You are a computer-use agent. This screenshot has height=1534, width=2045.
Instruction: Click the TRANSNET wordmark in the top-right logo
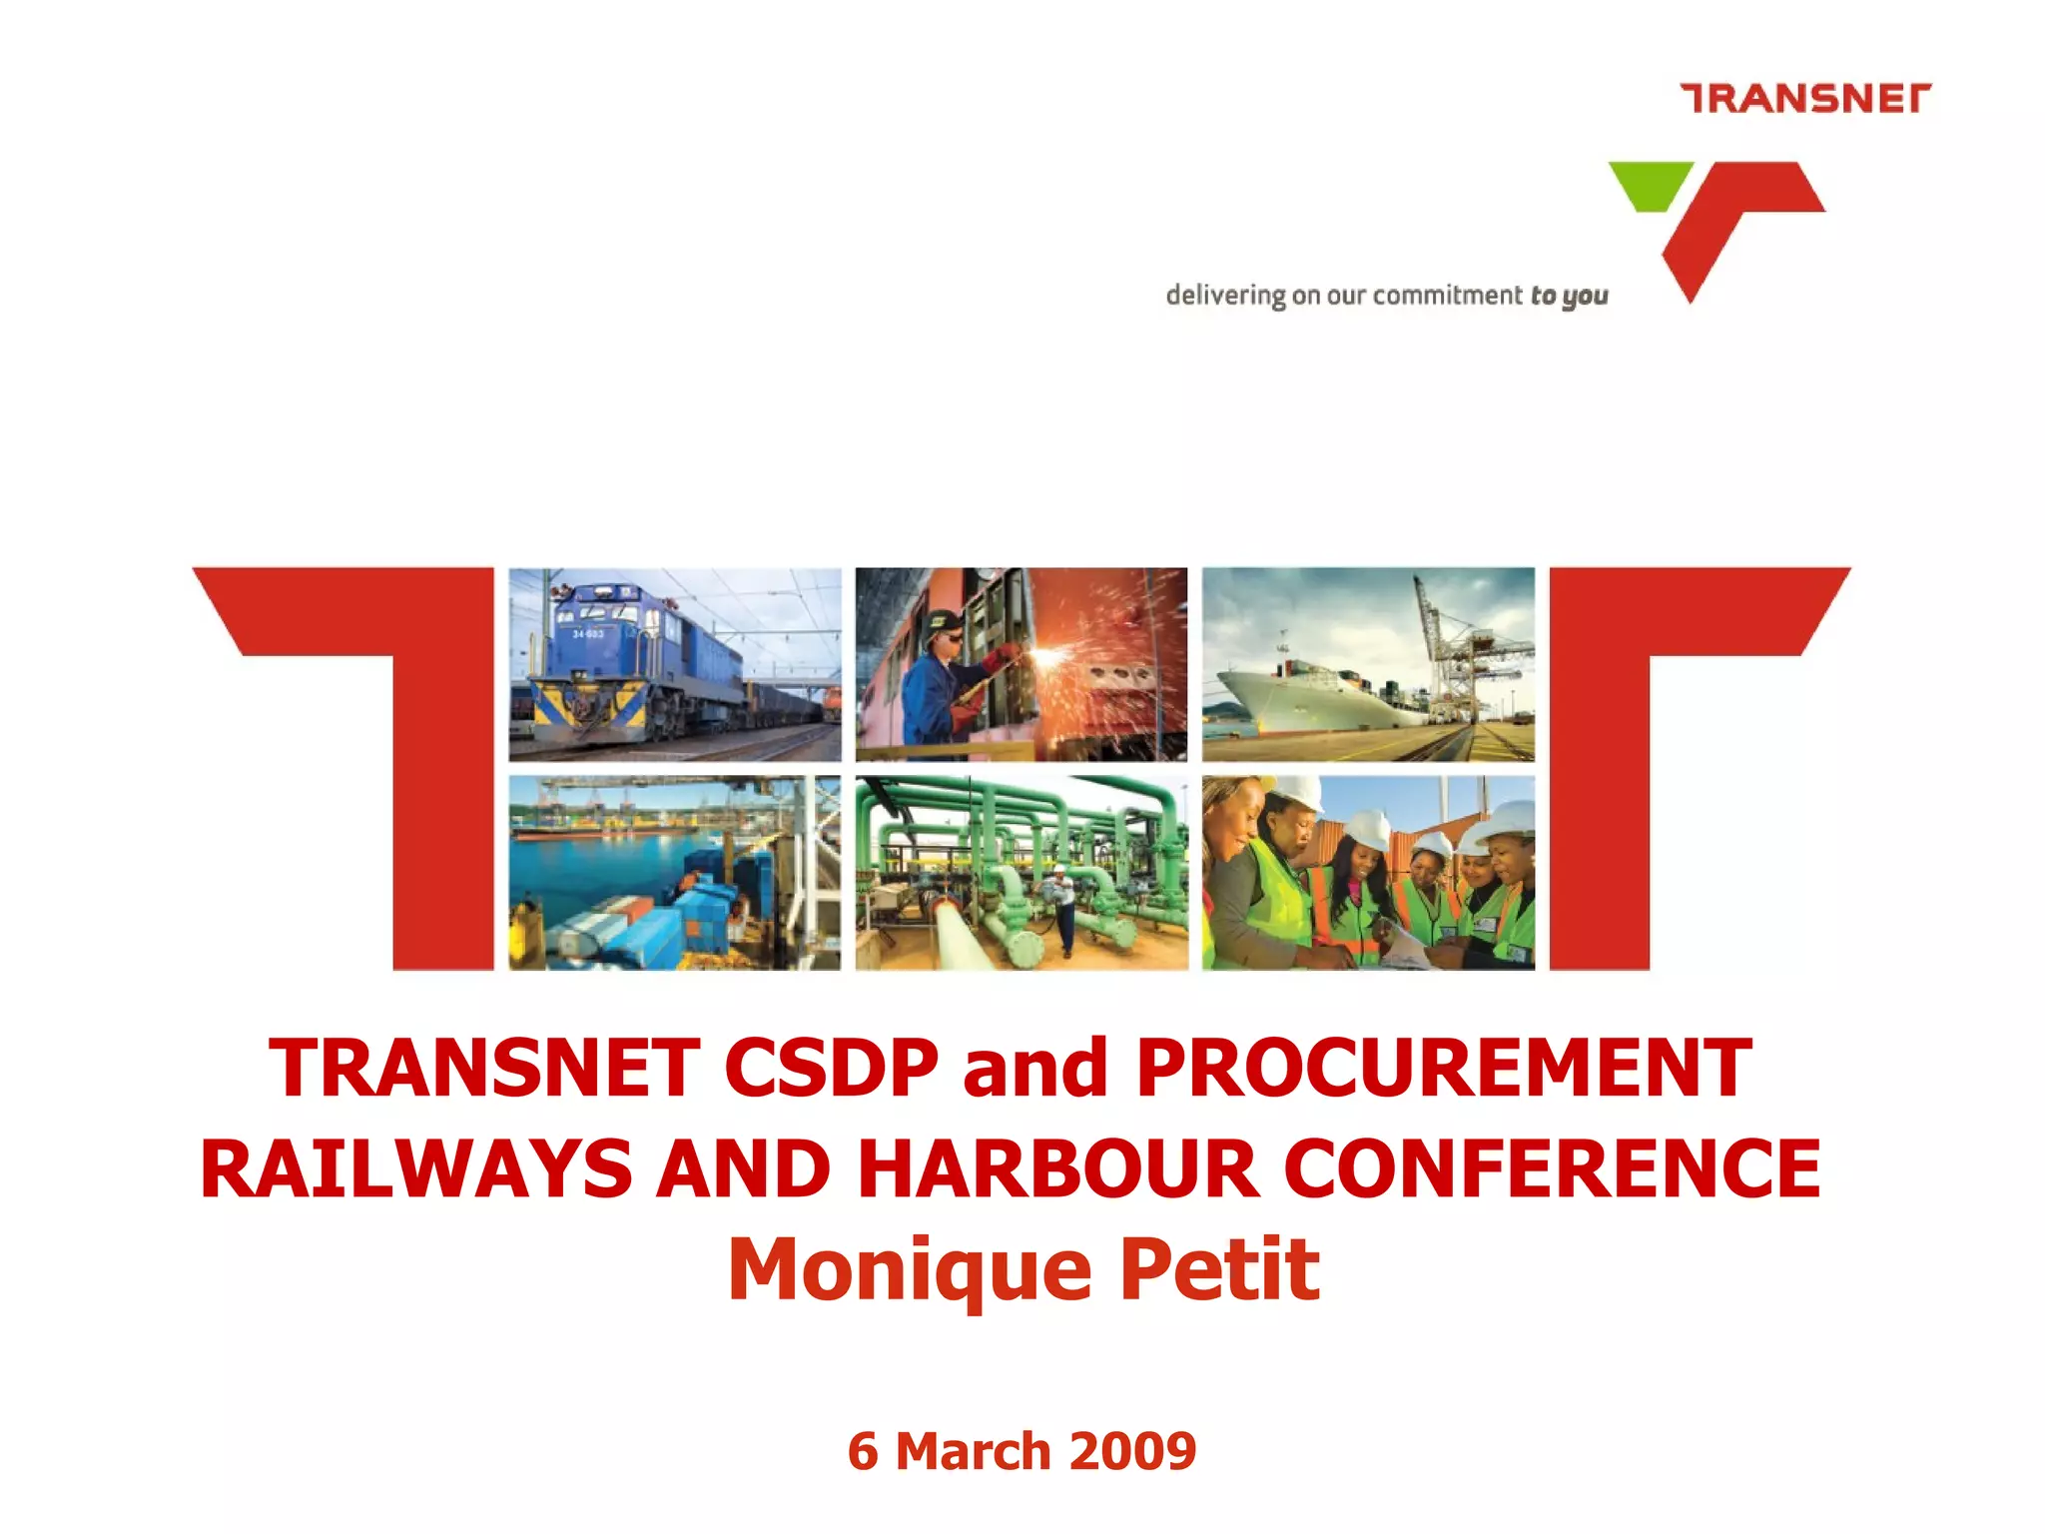[x=1805, y=99]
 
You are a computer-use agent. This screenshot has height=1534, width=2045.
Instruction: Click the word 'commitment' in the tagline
[x=1447, y=296]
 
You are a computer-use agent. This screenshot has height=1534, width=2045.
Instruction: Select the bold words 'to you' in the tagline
[x=1569, y=296]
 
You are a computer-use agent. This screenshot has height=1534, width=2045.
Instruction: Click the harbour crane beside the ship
[x=1458, y=649]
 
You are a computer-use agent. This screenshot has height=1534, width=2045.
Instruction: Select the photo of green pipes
[x=1022, y=873]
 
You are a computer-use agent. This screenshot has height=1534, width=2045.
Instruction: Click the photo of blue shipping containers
[x=674, y=873]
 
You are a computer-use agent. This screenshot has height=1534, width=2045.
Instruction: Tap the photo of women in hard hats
[x=1368, y=873]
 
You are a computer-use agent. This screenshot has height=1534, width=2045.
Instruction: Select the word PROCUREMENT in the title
[x=1444, y=1068]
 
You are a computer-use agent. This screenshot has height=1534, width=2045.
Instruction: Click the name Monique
[x=909, y=1270]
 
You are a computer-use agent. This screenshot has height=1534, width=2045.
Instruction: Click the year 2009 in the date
[x=1133, y=1451]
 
